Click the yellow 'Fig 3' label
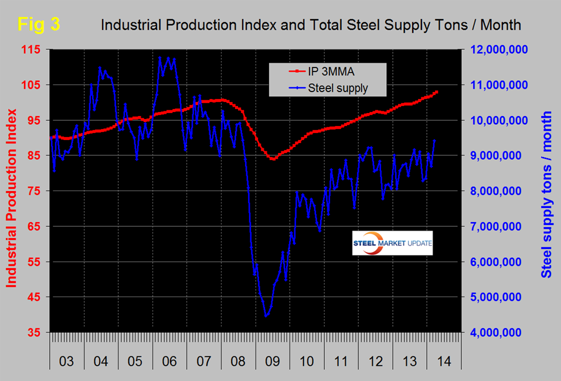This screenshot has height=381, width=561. [x=38, y=25]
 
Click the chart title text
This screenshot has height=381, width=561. [x=311, y=25]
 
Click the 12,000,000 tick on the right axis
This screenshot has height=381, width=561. [x=492, y=50]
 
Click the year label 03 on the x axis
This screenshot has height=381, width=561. [x=67, y=359]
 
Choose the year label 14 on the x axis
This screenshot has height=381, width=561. [x=443, y=359]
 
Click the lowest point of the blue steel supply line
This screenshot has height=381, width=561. [x=266, y=317]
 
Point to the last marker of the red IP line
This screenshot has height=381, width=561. [x=436, y=92]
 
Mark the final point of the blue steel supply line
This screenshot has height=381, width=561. [x=434, y=140]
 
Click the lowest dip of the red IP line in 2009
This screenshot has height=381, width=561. [x=273, y=159]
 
